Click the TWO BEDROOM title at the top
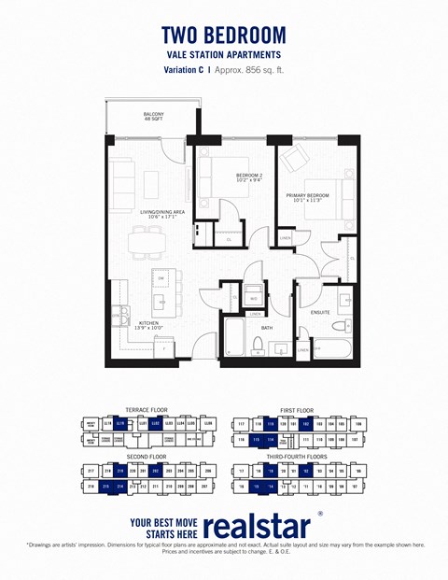224,35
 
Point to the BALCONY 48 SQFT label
153,119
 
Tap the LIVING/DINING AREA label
162,214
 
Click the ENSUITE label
320,313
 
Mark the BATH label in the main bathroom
266,328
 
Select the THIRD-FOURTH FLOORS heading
298,458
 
